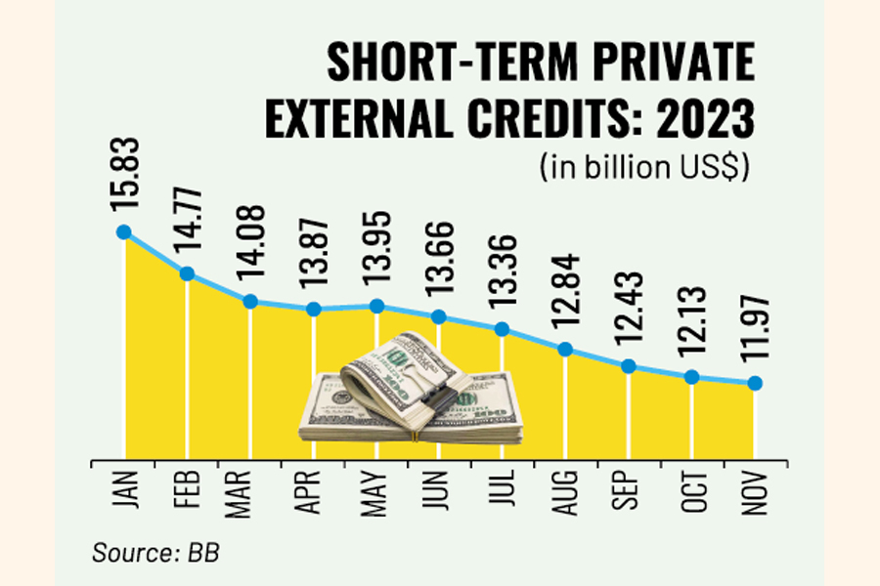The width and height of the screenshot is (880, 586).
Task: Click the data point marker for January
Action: click(123, 231)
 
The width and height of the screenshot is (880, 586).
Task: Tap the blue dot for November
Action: click(755, 384)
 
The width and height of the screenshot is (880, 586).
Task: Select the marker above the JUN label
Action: click(439, 316)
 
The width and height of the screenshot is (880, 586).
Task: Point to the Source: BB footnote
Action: click(155, 552)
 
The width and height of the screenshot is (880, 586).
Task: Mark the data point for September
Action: click(629, 366)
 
